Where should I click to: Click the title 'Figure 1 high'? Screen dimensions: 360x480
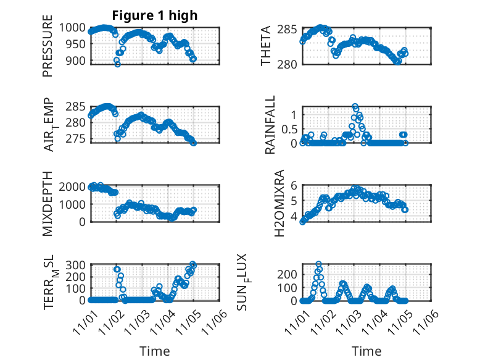(x=155, y=15)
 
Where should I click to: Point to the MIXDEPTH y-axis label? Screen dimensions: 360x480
(x=48, y=202)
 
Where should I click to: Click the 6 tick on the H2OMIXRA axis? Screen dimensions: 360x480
(x=294, y=185)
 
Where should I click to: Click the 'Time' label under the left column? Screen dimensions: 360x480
(x=155, y=351)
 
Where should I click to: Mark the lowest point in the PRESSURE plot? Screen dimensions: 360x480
(x=117, y=64)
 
